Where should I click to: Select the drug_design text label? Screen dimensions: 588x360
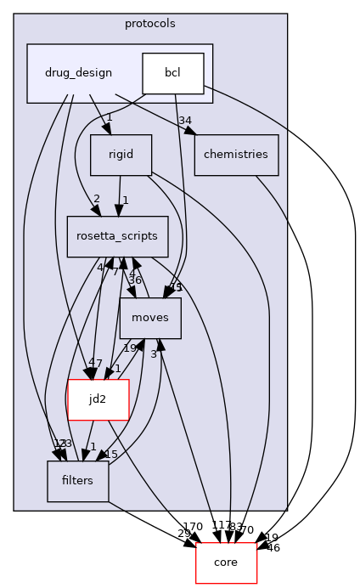(77, 73)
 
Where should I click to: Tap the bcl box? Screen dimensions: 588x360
(173, 73)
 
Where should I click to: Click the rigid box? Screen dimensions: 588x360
(120, 155)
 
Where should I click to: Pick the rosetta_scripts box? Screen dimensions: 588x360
(118, 237)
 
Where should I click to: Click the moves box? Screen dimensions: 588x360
(150, 318)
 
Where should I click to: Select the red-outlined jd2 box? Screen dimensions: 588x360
(98, 399)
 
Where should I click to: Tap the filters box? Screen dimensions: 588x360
(77, 481)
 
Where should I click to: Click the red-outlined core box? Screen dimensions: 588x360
(226, 563)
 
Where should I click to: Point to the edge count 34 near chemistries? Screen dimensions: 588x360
(185, 119)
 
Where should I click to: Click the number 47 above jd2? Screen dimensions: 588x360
(94, 364)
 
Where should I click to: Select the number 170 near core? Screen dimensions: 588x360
(193, 526)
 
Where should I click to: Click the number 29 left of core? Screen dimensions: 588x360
(184, 534)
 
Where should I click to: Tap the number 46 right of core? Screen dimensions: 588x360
(273, 548)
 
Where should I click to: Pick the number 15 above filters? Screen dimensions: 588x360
(110, 454)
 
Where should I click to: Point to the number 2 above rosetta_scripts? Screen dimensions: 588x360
(96, 199)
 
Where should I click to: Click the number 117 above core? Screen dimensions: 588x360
(222, 526)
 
